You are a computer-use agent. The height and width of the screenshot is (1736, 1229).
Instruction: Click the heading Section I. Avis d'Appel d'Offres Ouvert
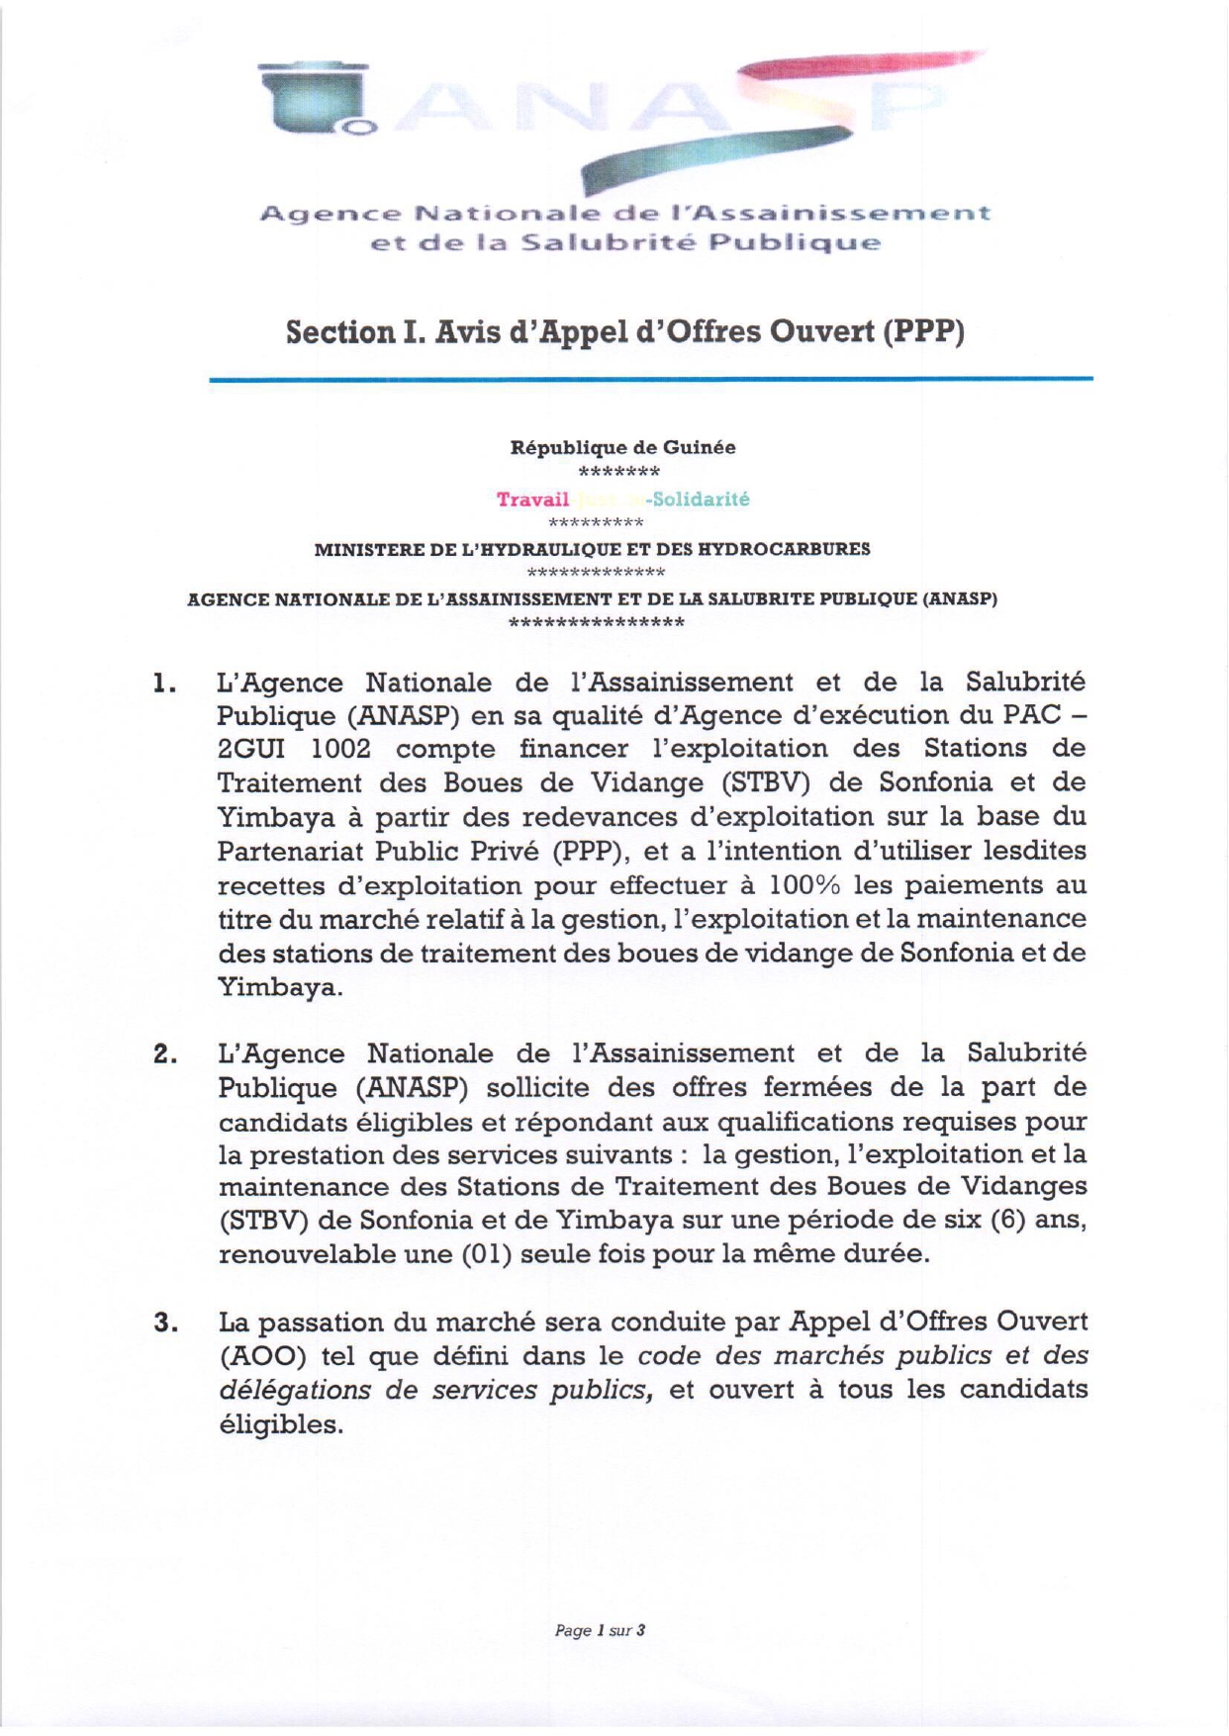click(624, 332)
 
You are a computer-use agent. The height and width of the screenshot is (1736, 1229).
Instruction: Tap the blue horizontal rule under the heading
click(650, 379)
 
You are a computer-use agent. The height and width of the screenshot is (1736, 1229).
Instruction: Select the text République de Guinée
click(622, 448)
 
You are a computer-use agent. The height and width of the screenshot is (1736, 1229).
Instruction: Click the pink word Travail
click(532, 500)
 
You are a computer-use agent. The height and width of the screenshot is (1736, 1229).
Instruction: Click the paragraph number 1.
click(164, 684)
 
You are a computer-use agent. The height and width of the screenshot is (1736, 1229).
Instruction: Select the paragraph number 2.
click(164, 1054)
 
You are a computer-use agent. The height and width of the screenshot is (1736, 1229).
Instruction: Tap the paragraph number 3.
click(164, 1323)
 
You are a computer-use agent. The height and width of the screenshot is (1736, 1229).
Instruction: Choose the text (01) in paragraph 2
click(486, 1254)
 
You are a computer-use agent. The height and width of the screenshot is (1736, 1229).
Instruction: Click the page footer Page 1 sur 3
click(600, 1630)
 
